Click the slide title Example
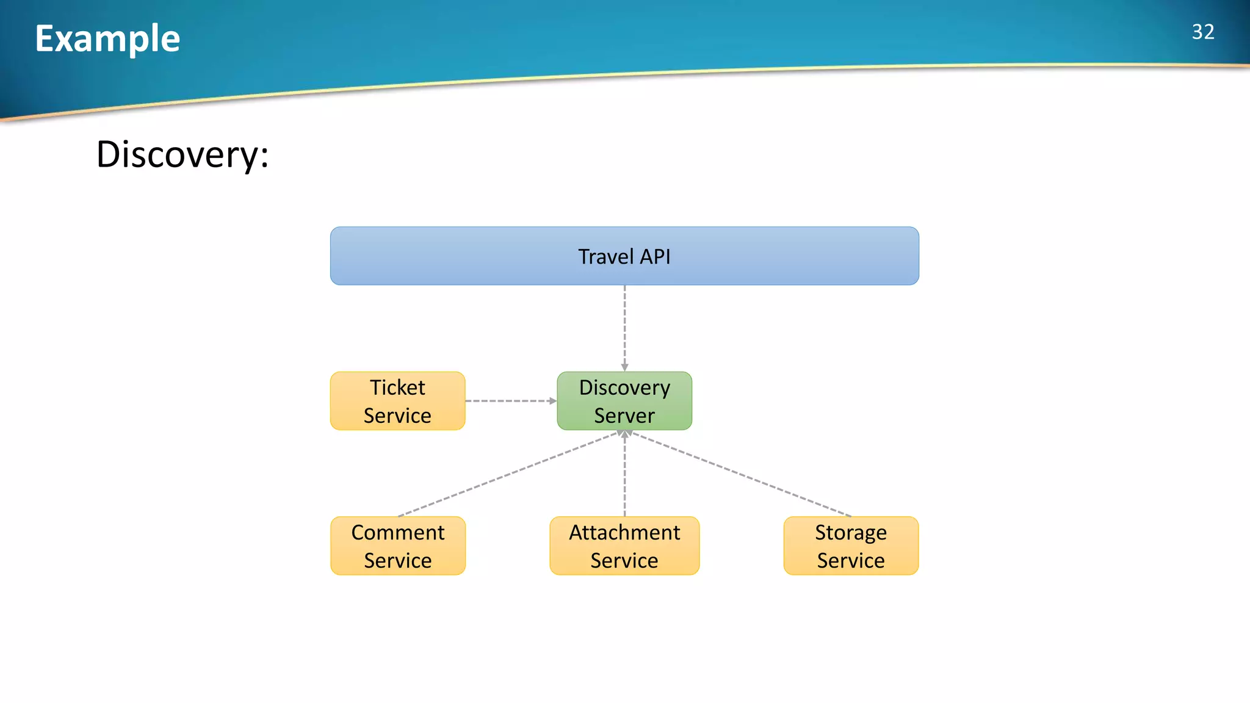pos(107,38)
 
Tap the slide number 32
pos(1202,32)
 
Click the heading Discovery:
pos(182,154)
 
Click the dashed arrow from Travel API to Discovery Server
pos(624,328)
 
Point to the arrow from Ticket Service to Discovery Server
pos(510,401)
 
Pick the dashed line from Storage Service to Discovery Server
pos(742,474)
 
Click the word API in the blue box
pos(655,257)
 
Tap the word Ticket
pos(397,388)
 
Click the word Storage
pos(850,533)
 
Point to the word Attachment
pos(624,533)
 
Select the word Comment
pos(397,533)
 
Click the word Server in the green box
pos(624,416)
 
